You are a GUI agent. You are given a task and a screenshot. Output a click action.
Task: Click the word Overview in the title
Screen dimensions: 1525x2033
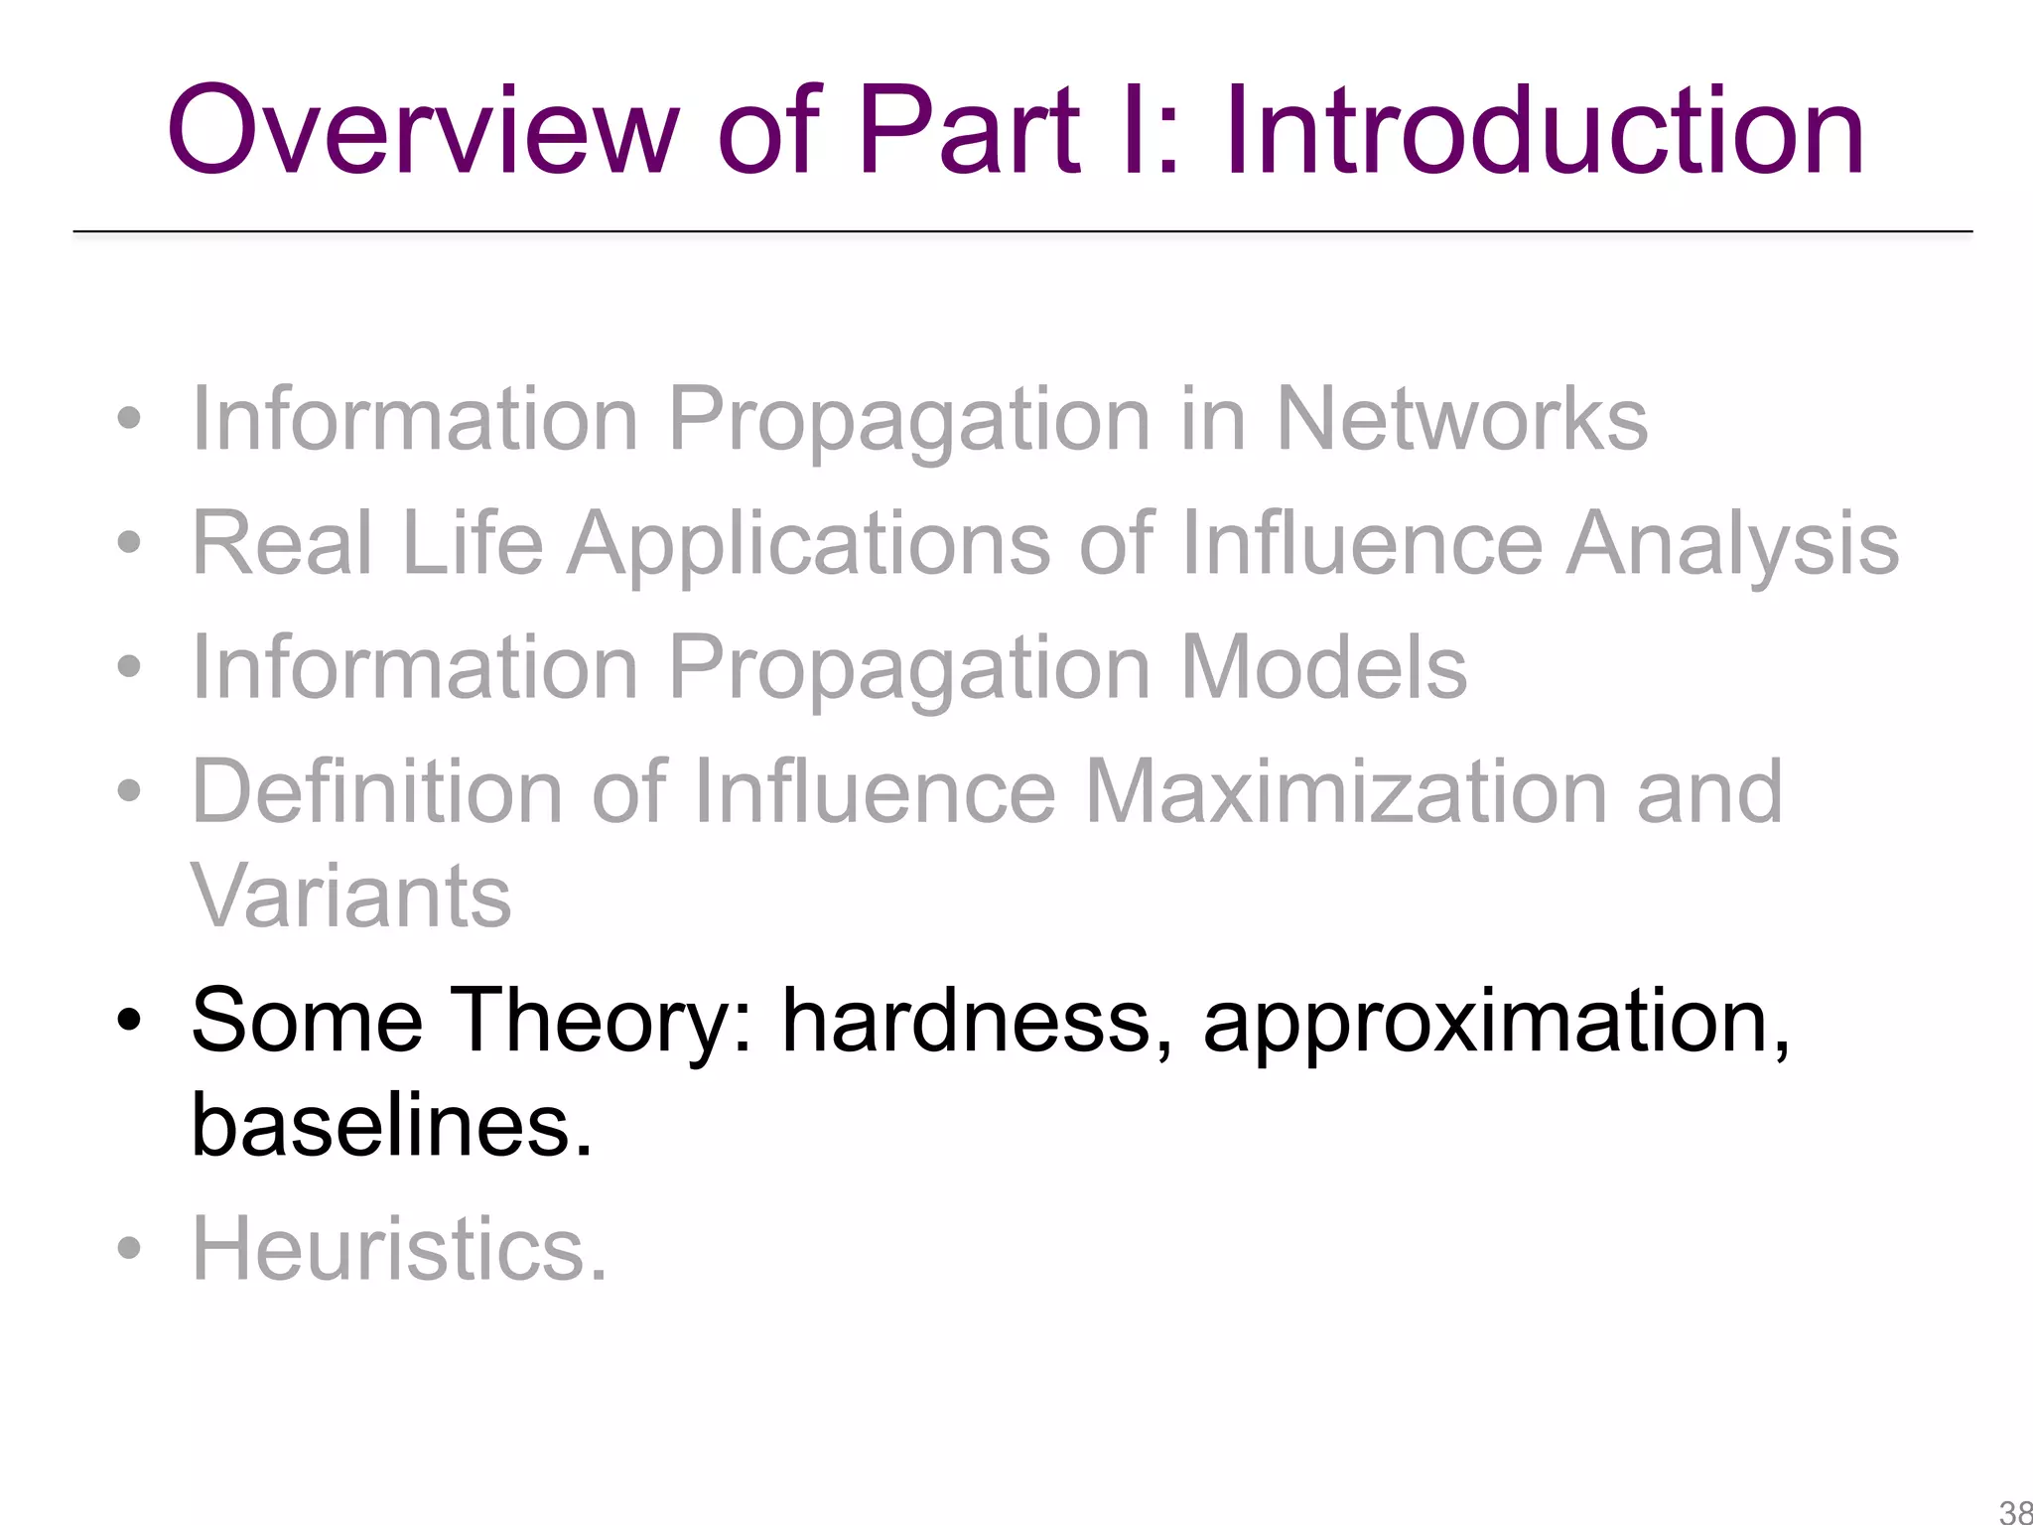point(422,131)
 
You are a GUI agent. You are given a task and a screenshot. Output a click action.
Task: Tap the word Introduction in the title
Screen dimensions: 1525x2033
point(1544,131)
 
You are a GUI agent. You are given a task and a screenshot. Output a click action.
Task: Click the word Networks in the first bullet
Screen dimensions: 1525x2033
point(1460,419)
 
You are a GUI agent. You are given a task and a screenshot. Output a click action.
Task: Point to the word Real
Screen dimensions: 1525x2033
point(282,543)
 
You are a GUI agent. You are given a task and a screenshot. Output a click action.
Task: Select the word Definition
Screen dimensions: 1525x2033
point(378,791)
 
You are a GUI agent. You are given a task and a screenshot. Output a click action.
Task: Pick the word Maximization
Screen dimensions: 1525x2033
point(1347,791)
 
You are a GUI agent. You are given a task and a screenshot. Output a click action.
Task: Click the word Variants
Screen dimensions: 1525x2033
point(350,896)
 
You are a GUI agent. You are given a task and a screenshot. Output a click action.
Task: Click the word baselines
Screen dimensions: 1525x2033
point(391,1126)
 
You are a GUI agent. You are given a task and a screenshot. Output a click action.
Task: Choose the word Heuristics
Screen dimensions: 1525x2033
point(398,1249)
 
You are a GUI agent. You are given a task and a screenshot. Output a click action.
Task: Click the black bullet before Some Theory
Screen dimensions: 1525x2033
point(129,1020)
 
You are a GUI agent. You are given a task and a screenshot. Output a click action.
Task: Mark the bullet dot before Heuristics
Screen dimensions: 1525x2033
point(129,1248)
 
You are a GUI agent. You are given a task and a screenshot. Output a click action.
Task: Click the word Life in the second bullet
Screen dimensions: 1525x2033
point(473,543)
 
